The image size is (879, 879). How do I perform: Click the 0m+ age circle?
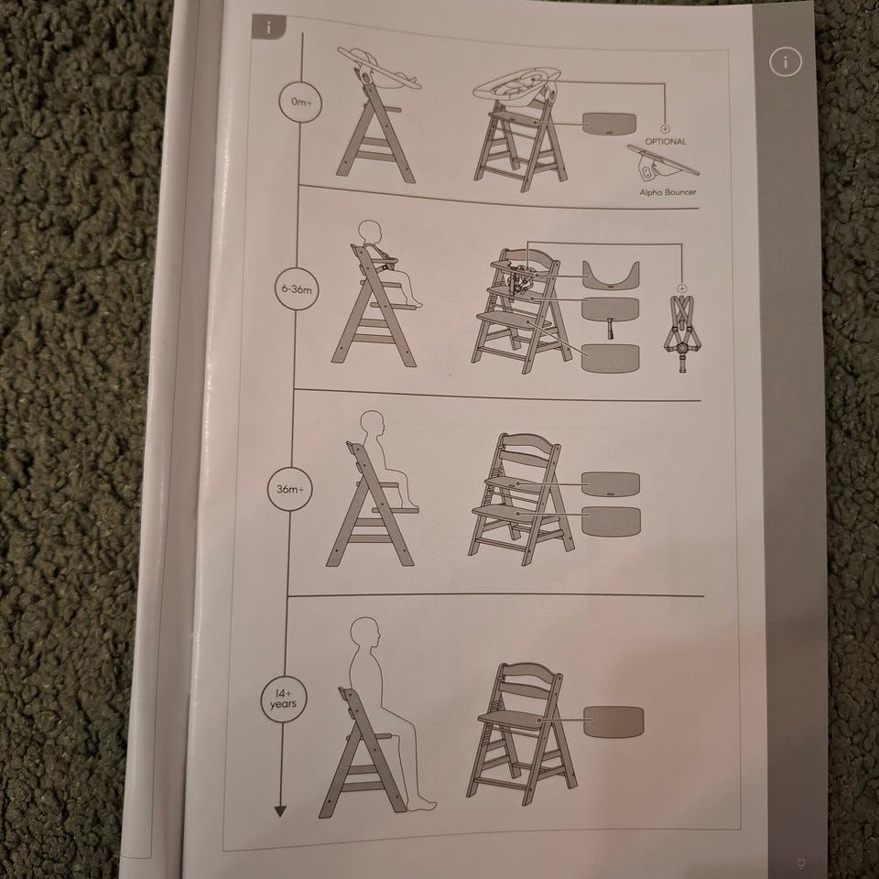pyautogui.click(x=300, y=102)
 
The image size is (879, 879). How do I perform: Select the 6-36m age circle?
pyautogui.click(x=297, y=289)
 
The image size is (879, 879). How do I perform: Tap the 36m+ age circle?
pyautogui.click(x=289, y=489)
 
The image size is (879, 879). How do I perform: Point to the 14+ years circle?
pyautogui.click(x=284, y=700)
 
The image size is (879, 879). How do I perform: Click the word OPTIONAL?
pyautogui.click(x=666, y=142)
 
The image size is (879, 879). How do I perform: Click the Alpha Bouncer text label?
pyautogui.click(x=667, y=192)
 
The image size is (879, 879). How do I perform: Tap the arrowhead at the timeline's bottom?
pyautogui.click(x=280, y=810)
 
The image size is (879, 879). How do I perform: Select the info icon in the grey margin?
pyautogui.click(x=785, y=61)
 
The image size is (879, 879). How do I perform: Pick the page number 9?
pyautogui.click(x=800, y=863)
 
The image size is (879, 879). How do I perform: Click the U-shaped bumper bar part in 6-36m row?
pyautogui.click(x=611, y=274)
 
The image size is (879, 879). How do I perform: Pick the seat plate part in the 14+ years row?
pyautogui.click(x=613, y=722)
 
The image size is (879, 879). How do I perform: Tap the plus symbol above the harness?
pyautogui.click(x=682, y=288)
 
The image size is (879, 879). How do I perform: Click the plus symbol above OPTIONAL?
pyautogui.click(x=665, y=129)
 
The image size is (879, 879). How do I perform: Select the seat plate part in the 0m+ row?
pyautogui.click(x=610, y=124)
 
